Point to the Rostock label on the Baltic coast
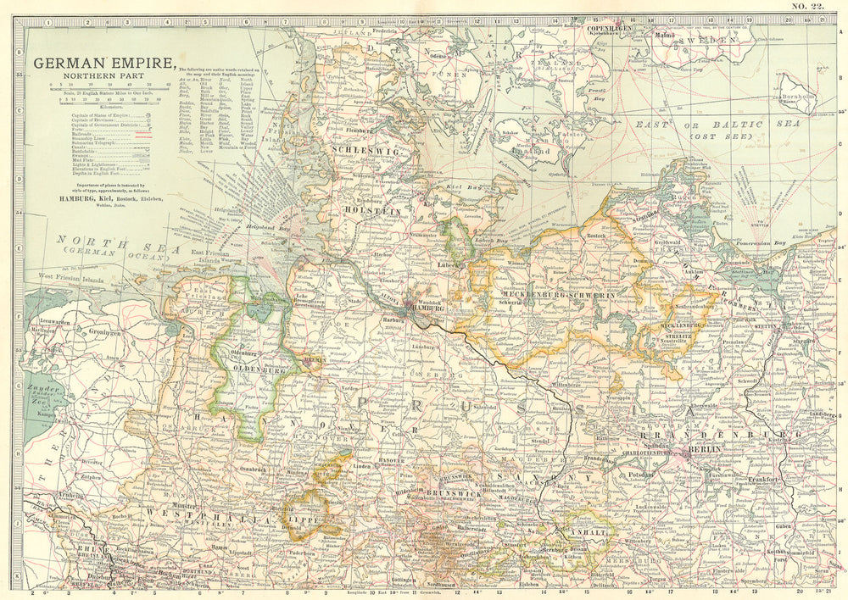pos(598,226)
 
